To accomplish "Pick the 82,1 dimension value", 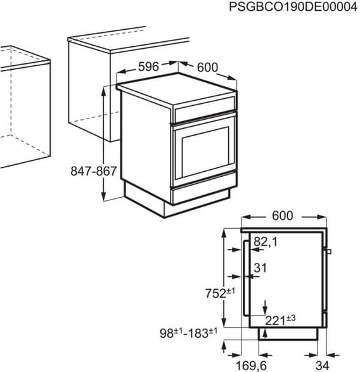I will [x=267, y=241].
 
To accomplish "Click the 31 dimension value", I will [x=260, y=268].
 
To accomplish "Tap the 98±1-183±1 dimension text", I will [x=188, y=331].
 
